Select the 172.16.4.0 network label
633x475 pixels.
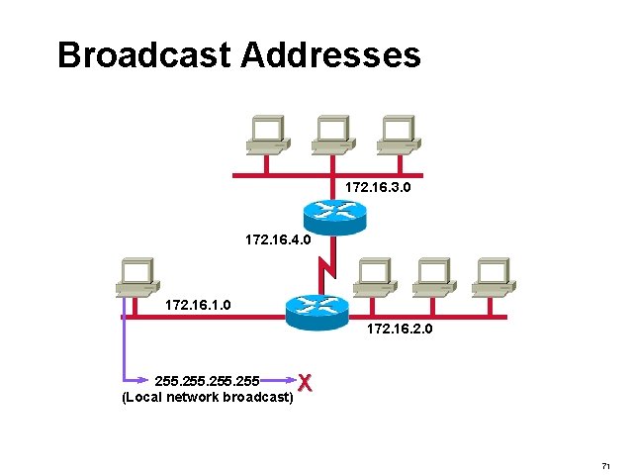pos(278,239)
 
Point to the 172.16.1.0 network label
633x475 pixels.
pos(199,305)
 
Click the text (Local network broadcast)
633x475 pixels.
pos(207,397)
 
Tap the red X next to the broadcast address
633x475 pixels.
pos(307,382)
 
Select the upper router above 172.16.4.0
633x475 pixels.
pos(332,212)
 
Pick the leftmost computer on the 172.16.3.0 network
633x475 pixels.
pos(267,136)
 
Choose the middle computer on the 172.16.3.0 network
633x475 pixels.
pos(332,136)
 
